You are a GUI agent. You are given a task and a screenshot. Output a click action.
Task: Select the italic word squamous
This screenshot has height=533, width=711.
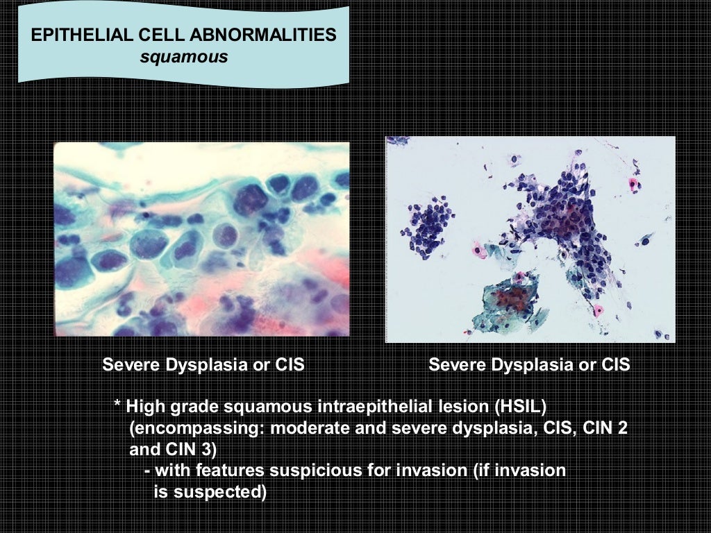(183, 57)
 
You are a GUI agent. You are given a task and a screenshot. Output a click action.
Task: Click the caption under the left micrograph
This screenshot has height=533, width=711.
(203, 364)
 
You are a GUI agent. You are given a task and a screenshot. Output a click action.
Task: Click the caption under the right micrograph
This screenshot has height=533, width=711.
(529, 364)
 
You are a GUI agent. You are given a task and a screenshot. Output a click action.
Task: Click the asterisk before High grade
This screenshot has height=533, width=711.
(117, 407)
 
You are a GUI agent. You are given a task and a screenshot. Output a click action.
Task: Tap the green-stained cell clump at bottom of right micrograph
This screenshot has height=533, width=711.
(508, 301)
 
